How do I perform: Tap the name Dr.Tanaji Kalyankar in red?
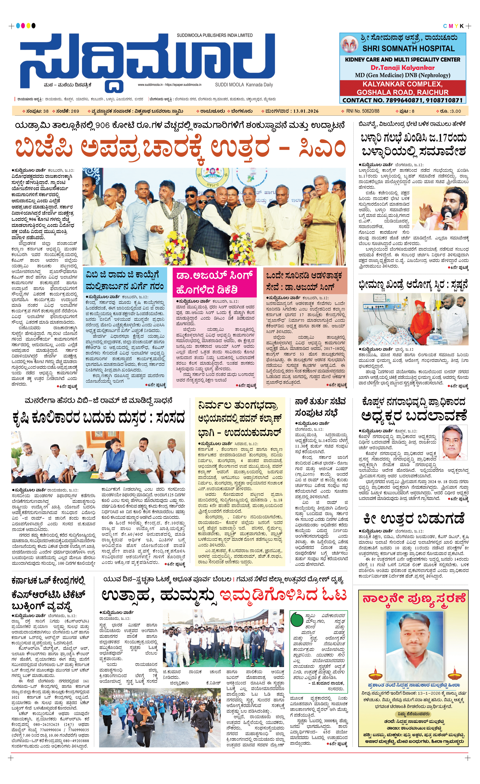pos(402,68)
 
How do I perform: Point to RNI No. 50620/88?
pos(363,111)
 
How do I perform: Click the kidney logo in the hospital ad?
pos(350,45)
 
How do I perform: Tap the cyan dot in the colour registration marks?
pos(18,26)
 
